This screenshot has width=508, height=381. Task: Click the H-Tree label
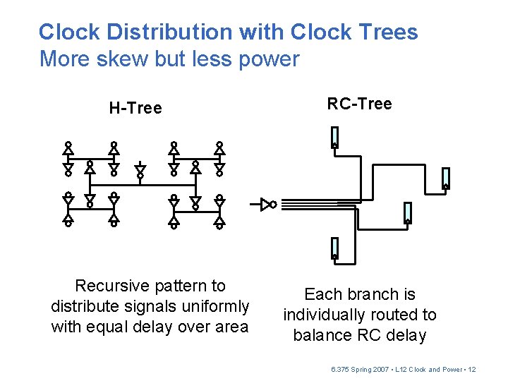pos(135,108)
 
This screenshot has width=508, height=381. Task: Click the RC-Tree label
pos(359,104)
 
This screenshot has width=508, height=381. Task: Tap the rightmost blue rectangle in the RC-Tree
pos(445,179)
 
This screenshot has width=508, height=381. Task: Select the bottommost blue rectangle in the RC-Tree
pos(334,247)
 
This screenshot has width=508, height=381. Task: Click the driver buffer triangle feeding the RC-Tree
pos(267,205)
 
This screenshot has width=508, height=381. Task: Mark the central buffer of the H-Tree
pos(140,170)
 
